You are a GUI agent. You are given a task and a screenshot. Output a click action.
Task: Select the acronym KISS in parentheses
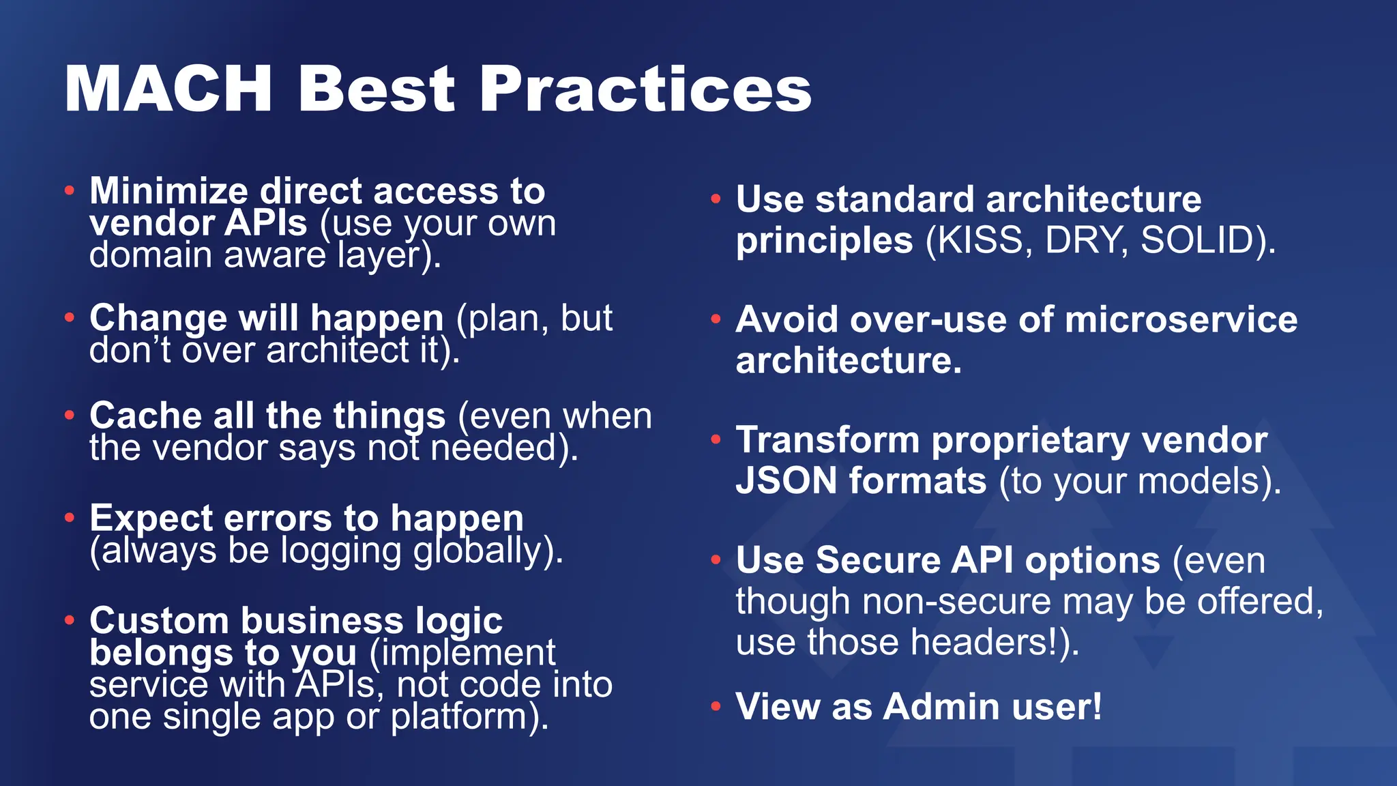(982, 240)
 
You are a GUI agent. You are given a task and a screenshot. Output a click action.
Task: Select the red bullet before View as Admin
(715, 706)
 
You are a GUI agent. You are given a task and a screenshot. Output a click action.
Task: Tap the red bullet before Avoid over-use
(715, 319)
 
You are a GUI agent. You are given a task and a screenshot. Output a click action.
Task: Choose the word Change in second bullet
(158, 318)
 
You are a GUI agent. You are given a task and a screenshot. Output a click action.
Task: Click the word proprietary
(1030, 440)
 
